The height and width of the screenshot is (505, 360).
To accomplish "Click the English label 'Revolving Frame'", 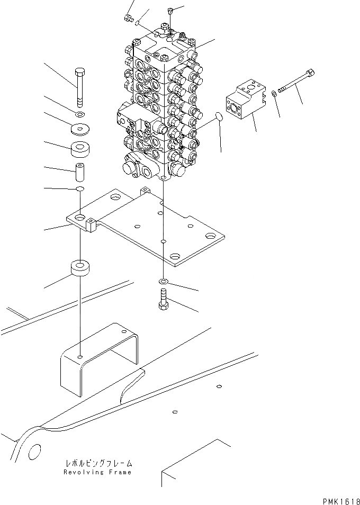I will pos(97,472).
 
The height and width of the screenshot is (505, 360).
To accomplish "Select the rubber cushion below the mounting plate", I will pos(79,268).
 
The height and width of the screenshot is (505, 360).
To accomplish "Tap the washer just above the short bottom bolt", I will pos(163,280).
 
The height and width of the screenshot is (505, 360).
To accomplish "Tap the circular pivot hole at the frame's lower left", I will pos(33,452).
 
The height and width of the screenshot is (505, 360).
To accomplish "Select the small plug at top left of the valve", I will pos(127,20).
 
